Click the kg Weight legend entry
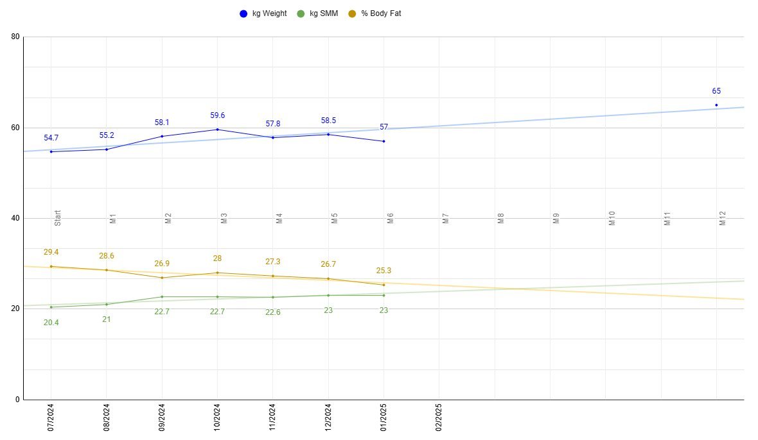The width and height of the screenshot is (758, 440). click(263, 13)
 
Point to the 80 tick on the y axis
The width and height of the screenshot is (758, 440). click(15, 37)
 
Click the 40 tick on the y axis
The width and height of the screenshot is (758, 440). click(15, 218)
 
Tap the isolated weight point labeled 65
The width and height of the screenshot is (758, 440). click(716, 105)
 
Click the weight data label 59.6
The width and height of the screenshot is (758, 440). click(217, 115)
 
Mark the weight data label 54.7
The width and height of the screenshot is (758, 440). click(51, 138)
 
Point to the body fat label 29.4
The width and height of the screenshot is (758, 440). click(51, 252)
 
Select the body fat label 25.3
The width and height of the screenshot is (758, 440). click(383, 271)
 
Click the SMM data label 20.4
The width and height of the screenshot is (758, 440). click(51, 323)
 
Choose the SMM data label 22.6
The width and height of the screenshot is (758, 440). click(272, 313)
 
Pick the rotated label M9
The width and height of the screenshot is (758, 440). click(556, 219)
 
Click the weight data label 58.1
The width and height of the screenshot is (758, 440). click(162, 122)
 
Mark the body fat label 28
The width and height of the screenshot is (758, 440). click(217, 258)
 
